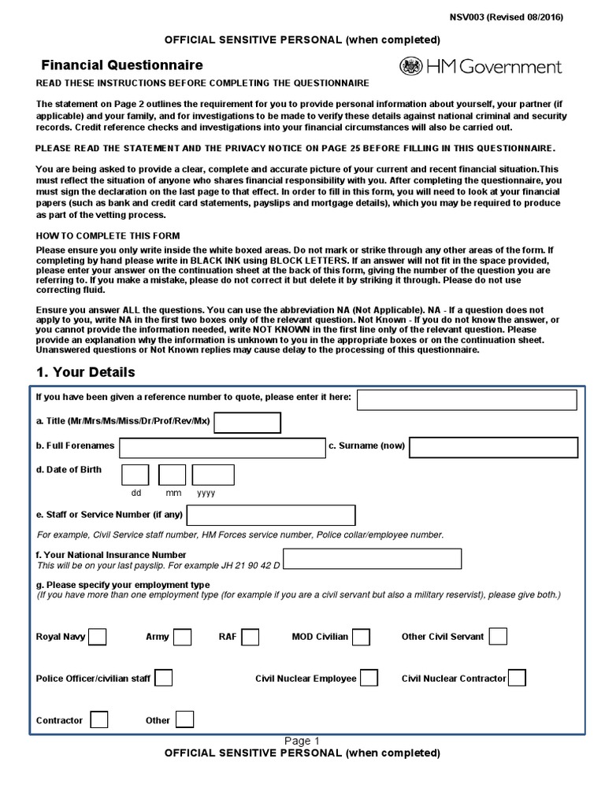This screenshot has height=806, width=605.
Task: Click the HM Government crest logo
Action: pyautogui.click(x=411, y=67)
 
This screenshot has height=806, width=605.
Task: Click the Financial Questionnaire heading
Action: pyautogui.click(x=122, y=65)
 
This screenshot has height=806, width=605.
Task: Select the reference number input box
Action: pyautogui.click(x=467, y=400)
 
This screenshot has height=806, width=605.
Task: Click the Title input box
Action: pyautogui.click(x=247, y=423)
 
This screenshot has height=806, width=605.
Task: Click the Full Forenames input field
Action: pyautogui.click(x=221, y=447)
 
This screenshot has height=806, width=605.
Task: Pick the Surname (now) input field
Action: pyautogui.click(x=493, y=447)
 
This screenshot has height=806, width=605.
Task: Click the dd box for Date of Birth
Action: pyautogui.click(x=135, y=475)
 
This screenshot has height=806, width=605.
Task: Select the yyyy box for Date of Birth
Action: pyautogui.click(x=213, y=475)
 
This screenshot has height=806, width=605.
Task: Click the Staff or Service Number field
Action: pyautogui.click(x=271, y=516)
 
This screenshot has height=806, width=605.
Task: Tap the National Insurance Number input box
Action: pyautogui.click(x=372, y=559)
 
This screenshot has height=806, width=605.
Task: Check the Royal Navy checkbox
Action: pyautogui.click(x=98, y=636)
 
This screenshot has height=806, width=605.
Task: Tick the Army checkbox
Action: pyautogui.click(x=182, y=636)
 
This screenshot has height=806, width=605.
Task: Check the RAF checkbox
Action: pyautogui.click(x=251, y=636)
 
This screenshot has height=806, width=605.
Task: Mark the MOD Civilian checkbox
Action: pyautogui.click(x=362, y=636)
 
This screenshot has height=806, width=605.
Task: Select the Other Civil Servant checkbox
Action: pyautogui.click(x=498, y=636)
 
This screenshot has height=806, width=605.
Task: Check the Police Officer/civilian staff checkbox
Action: pyautogui.click(x=164, y=678)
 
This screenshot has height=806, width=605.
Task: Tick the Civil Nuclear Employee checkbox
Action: pyautogui.click(x=369, y=678)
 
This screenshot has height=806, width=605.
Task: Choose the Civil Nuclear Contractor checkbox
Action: pyautogui.click(x=518, y=678)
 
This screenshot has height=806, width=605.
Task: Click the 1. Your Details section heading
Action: pyautogui.click(x=86, y=372)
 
